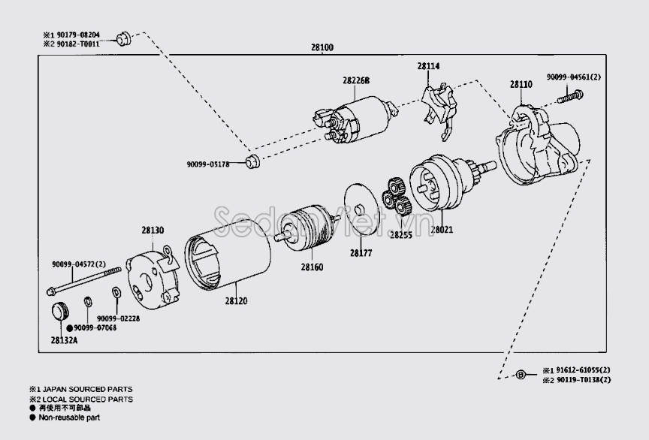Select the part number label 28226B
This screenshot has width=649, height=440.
pyautogui.click(x=357, y=80)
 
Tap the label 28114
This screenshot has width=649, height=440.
pyautogui.click(x=429, y=67)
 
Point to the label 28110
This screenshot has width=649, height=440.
pyautogui.click(x=521, y=86)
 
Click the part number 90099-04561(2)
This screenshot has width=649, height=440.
pyautogui.click(x=574, y=77)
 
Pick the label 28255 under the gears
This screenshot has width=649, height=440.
pyautogui.click(x=401, y=234)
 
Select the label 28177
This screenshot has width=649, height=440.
pyautogui.click(x=361, y=254)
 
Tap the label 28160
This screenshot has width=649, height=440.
pyautogui.click(x=312, y=267)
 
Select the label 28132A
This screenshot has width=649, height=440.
pyautogui.click(x=65, y=340)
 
